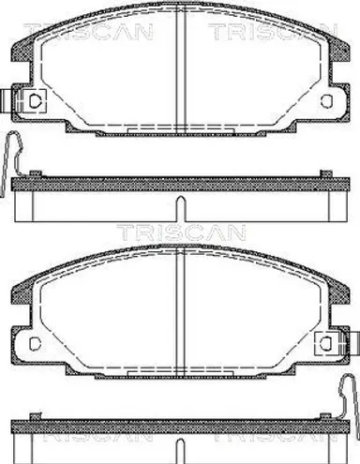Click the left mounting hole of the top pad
tap(35, 100)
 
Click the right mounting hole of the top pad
tap(326, 100)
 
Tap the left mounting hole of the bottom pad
tap(35, 343)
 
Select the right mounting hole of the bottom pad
tap(327, 343)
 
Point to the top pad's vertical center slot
tap(181, 68)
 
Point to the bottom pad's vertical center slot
tap(181, 311)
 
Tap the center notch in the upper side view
tap(181, 209)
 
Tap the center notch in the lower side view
tap(181, 451)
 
